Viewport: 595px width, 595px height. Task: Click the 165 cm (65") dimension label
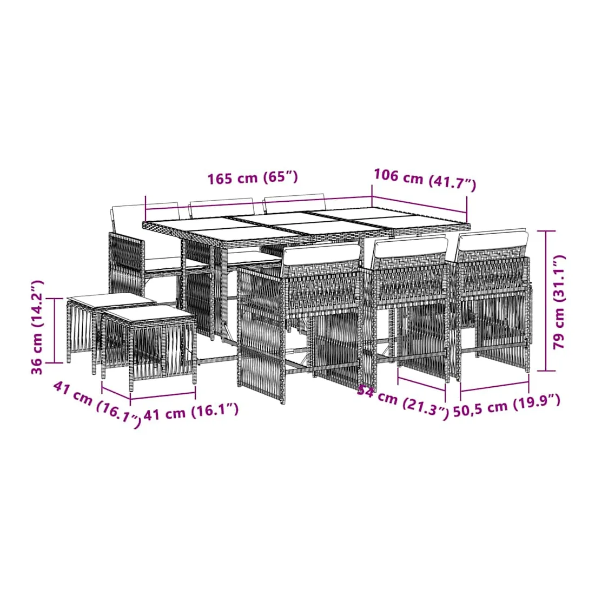coord(253,177)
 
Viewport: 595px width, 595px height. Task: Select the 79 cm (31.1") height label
coord(559,302)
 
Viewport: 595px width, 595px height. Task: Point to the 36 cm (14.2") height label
coord(37,327)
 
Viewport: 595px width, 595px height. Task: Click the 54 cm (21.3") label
coord(403,401)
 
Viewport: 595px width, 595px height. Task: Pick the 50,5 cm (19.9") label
coord(507,405)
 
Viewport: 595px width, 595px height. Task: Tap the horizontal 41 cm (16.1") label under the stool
coord(191,412)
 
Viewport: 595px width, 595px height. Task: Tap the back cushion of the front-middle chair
coord(410,247)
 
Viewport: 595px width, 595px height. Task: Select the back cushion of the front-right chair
coord(493,240)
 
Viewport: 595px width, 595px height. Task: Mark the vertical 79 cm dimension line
coord(546,301)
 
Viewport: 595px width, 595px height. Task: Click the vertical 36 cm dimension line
coord(55,330)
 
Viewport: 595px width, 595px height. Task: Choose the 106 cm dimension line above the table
coord(419,204)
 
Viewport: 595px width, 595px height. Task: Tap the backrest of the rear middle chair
coord(222,207)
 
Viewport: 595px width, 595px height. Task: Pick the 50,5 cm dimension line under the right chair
coord(494,387)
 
